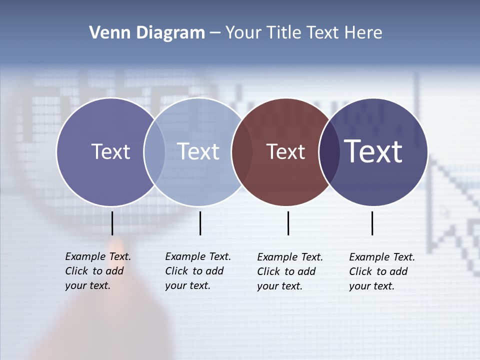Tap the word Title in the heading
(282, 32)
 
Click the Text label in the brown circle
(285, 152)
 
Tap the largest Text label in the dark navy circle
(373, 151)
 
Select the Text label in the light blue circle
(198, 151)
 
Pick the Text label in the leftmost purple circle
(110, 151)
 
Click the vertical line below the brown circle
(288, 223)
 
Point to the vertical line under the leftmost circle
(112, 223)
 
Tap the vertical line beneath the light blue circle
(200, 223)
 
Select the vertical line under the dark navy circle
(372, 223)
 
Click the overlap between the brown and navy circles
(328, 152)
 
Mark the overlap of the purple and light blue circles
(154, 152)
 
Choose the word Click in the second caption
(176, 271)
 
